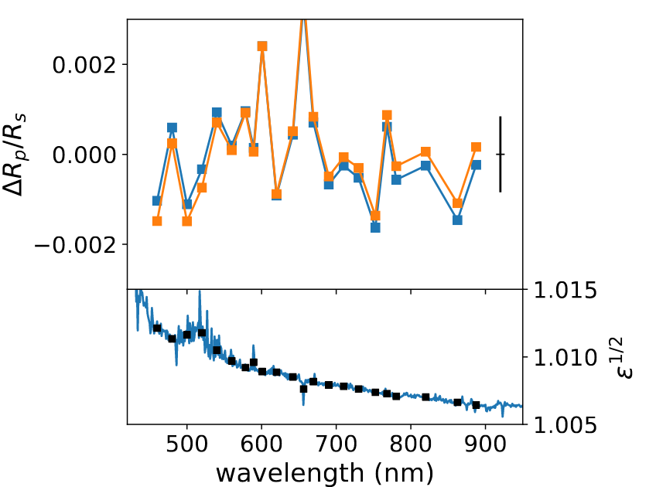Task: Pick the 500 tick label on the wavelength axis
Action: (x=187, y=445)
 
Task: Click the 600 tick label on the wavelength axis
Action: (x=261, y=445)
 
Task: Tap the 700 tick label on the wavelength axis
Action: (x=337, y=445)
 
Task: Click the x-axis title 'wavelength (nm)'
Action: (x=324, y=471)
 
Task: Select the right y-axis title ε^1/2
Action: (x=622, y=357)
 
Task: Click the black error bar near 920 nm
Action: (x=501, y=154)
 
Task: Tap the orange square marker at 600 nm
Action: (x=262, y=46)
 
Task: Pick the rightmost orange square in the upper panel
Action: (x=477, y=147)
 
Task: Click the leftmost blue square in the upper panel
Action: (x=157, y=201)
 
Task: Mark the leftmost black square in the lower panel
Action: (x=157, y=329)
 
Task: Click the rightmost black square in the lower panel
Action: (x=477, y=405)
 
